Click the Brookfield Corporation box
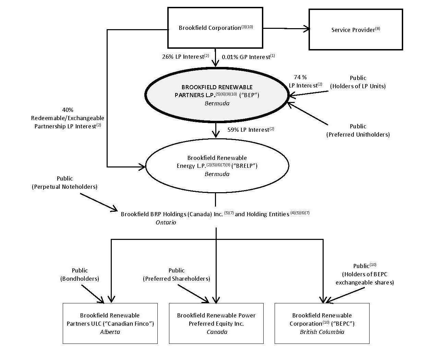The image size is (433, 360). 215,28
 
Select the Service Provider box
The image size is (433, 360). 356,30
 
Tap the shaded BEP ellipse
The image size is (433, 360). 217,95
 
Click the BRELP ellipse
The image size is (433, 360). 217,166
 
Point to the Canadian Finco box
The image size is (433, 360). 110,323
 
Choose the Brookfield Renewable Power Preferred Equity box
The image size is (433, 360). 216,323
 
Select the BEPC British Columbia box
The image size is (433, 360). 322,323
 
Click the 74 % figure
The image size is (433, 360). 300,78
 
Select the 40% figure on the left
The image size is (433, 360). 68,110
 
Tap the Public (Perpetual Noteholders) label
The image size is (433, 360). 65,183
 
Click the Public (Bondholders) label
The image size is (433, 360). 80,275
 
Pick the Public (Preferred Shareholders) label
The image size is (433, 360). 177,275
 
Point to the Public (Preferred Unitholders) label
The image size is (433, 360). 358,130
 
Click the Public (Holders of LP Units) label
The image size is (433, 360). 358,82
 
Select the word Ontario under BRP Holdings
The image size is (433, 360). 166,222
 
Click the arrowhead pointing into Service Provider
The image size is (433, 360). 306,29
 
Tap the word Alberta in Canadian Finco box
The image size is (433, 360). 110,332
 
